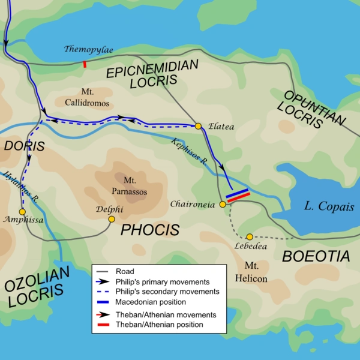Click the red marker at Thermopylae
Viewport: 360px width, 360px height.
pos(85,64)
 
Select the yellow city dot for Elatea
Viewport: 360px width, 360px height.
pos(198,126)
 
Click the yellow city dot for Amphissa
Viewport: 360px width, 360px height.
pos(22,212)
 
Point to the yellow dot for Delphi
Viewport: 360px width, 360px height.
pos(111,220)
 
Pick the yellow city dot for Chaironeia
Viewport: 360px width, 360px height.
pos(222,205)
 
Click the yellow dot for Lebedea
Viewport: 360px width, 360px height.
pos(250,236)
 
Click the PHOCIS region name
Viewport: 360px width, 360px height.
pos(151,229)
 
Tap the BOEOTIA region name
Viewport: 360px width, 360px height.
pos(316,256)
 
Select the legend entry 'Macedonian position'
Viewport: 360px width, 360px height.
pos(152,301)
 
